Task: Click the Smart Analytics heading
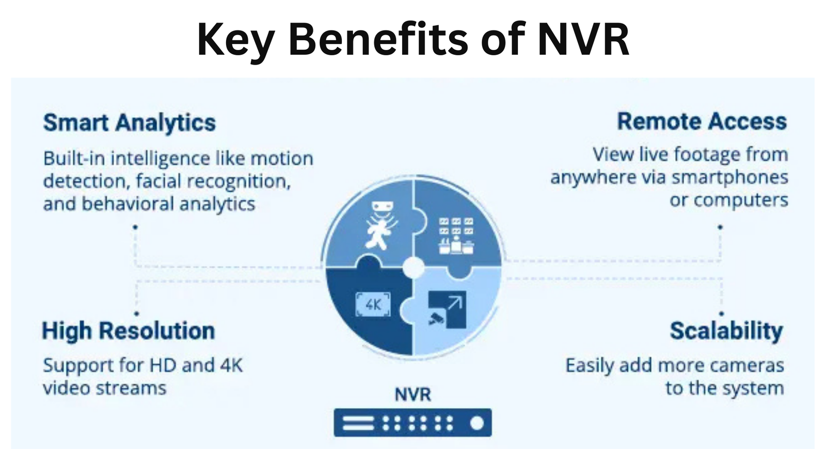point(130,122)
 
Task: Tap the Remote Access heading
point(702,121)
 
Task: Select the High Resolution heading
point(129,330)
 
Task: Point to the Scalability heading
point(726,331)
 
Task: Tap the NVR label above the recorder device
point(412,394)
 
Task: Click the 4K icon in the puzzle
point(373,304)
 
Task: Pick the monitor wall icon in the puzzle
point(456,236)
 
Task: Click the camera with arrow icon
point(447,309)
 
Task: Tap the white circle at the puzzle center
point(414,268)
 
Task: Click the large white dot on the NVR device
point(477,423)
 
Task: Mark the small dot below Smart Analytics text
point(135,227)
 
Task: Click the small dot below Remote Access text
point(720,227)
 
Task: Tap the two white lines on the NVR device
point(358,423)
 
